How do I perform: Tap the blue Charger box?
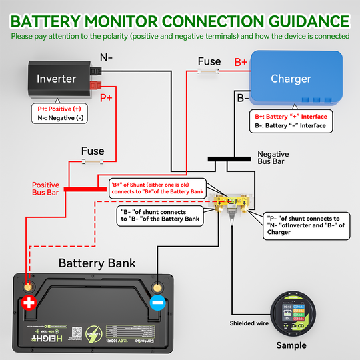(x=296, y=79)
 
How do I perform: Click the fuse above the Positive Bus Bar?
(x=91, y=162)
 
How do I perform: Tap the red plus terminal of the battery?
(x=28, y=302)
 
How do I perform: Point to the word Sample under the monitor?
(x=291, y=345)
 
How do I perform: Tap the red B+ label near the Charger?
(x=241, y=62)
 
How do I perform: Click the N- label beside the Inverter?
(x=106, y=57)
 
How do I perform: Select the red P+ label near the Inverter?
(x=106, y=98)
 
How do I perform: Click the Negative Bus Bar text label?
(x=273, y=158)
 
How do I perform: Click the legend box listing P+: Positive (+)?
(x=59, y=114)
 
